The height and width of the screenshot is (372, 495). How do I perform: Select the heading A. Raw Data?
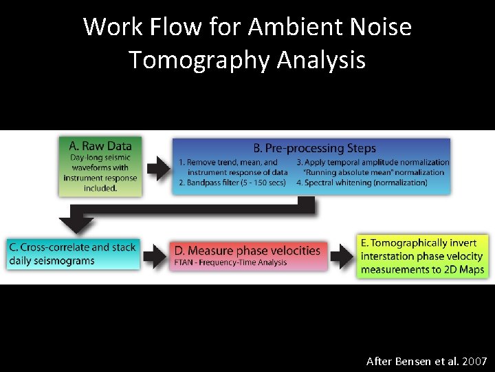click(x=100, y=145)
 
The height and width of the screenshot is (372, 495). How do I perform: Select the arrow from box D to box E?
click(x=341, y=256)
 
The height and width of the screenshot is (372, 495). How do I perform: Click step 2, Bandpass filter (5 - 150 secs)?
click(x=231, y=183)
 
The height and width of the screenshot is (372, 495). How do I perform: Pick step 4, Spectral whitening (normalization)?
click(x=362, y=183)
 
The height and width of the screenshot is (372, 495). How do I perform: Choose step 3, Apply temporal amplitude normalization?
click(x=373, y=163)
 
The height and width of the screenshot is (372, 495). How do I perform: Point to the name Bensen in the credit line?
click(x=412, y=361)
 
